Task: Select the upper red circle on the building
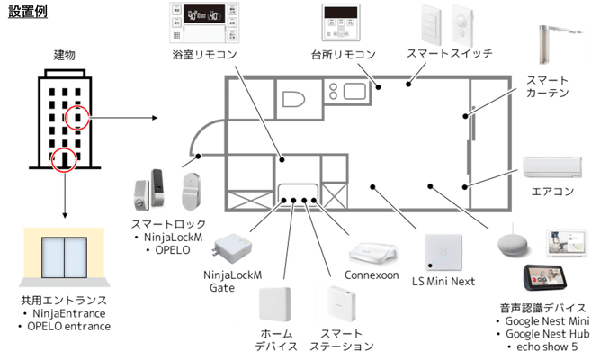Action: [x=78, y=117]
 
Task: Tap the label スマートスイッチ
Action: [x=449, y=54]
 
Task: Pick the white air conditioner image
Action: [x=549, y=166]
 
